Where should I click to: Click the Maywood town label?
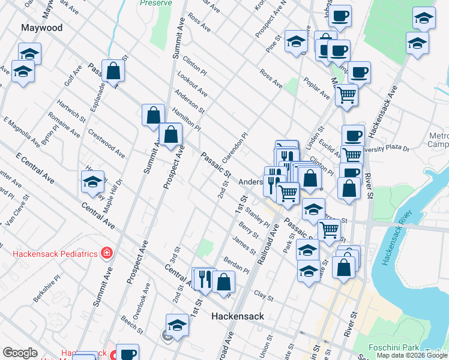[41, 28]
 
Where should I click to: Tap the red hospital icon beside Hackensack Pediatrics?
[106, 253]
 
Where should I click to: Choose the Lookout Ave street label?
[192, 84]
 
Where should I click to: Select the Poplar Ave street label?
[316, 88]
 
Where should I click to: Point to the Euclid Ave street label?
[330, 146]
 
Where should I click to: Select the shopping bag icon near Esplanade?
[113, 71]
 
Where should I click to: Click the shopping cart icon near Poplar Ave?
[346, 94]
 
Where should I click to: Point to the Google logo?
[20, 353]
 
